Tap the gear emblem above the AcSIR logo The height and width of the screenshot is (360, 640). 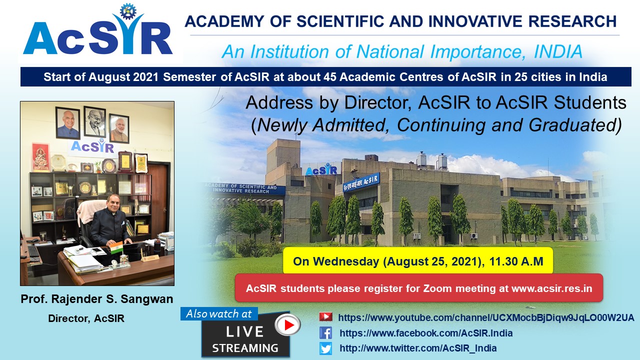coord(127,11)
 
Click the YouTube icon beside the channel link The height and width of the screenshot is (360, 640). coord(325,317)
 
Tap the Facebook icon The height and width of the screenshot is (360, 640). coord(325,333)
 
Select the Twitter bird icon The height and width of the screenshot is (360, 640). coord(325,348)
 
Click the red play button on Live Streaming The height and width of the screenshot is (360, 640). coord(287,324)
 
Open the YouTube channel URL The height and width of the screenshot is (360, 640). coord(486,317)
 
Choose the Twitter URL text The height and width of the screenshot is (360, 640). coord(418,348)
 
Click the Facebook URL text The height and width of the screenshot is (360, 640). coord(426,333)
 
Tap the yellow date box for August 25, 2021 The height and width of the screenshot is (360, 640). coord(417,261)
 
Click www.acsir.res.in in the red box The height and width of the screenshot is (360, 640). coord(551,288)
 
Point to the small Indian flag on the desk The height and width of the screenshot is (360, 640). coord(116,247)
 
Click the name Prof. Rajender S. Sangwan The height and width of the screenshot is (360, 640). coord(97,299)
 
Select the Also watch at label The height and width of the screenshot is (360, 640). coord(219,313)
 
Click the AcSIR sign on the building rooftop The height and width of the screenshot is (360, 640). coord(321,169)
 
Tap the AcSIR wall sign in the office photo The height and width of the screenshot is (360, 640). coord(92,147)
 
